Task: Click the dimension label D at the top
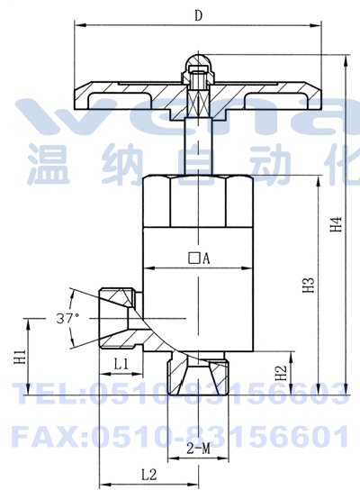[198, 15]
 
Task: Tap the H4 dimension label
[336, 224]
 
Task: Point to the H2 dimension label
[281, 373]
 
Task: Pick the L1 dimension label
[121, 364]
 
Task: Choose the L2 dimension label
[149, 476]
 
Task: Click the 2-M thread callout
[199, 449]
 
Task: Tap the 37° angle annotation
[67, 318]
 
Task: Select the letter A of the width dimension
[207, 259]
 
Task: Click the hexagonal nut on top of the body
[198, 201]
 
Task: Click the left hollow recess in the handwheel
[120, 100]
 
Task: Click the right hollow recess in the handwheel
[275, 100]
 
